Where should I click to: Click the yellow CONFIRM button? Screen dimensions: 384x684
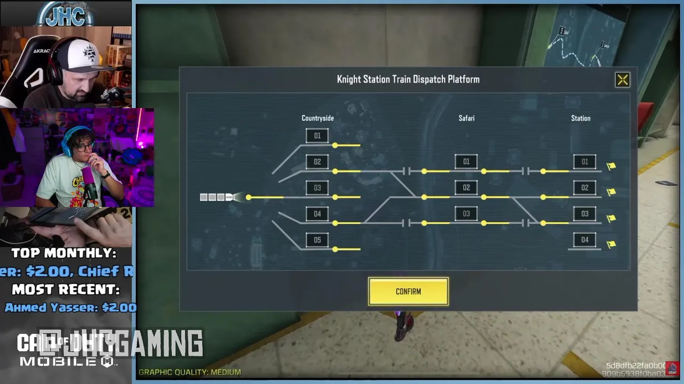408,292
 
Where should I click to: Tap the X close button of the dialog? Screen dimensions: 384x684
623,80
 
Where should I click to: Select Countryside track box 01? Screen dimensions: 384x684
317,136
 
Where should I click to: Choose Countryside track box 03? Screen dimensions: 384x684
317,188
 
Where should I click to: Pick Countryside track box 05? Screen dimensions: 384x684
317,240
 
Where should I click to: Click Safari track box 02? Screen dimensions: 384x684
467,188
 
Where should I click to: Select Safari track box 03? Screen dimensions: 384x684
467,214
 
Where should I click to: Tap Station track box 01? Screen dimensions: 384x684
585,162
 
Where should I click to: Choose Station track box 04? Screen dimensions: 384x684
585,240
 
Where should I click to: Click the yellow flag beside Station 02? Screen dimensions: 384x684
611,192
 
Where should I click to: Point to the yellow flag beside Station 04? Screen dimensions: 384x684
611,244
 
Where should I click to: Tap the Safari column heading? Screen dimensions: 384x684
467,118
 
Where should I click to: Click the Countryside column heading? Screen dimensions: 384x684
317,118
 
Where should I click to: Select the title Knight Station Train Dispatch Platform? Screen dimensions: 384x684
408,79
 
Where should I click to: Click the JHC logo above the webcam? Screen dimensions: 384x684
65,15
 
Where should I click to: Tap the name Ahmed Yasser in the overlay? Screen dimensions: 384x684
37,308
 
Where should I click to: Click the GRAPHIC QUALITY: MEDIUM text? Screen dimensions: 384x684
190,372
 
